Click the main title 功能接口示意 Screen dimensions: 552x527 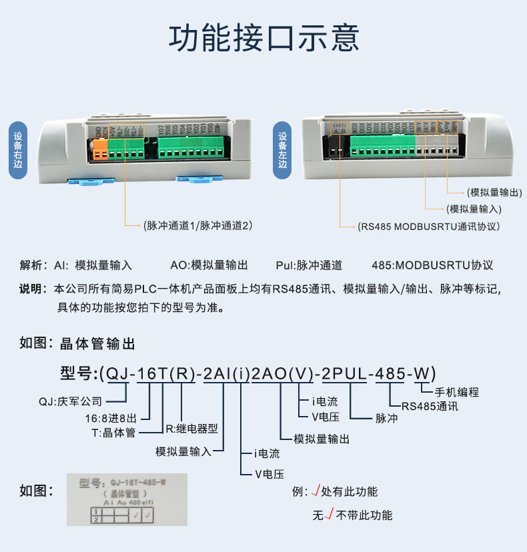click(x=263, y=39)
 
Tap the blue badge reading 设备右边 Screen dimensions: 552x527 click(x=19, y=151)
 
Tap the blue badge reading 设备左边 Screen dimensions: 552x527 click(x=283, y=151)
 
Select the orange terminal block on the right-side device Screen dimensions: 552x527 click(x=100, y=148)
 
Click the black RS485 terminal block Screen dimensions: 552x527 click(x=338, y=148)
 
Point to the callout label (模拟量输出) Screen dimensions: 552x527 click(x=494, y=193)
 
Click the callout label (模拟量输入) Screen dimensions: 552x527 click(x=474, y=209)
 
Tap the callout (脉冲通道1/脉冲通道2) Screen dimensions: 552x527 click(x=197, y=226)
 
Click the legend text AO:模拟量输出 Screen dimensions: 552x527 click(x=209, y=265)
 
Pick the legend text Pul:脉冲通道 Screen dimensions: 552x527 click(x=309, y=265)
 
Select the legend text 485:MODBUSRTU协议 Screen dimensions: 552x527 click(x=432, y=265)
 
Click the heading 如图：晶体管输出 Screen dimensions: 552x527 click(x=77, y=344)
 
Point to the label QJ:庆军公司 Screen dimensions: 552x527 click(x=70, y=401)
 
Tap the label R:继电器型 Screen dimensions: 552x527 click(x=191, y=429)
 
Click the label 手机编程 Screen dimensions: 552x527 click(x=457, y=392)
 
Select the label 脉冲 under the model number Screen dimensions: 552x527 click(x=386, y=419)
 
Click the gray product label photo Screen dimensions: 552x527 click(x=127, y=499)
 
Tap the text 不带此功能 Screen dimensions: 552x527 click(x=364, y=515)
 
